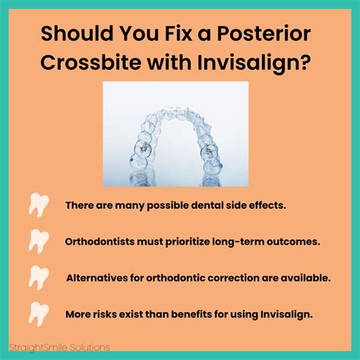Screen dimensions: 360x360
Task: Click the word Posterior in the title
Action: pos(264,33)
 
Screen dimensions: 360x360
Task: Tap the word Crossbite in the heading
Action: pos(91,62)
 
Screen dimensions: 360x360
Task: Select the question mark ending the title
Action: pos(305,62)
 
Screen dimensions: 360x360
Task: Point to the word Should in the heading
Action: pos(77,33)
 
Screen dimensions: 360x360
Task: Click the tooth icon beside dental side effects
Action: pos(39,205)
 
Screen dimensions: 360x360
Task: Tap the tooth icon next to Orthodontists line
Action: pos(39,242)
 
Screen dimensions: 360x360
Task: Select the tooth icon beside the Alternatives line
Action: pos(39,278)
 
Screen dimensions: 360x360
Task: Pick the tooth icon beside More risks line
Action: pos(39,314)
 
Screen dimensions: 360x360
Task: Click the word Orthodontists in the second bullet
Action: pos(99,242)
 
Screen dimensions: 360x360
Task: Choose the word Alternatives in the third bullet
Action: pos(97,278)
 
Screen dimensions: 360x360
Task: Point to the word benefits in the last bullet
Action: pos(191,314)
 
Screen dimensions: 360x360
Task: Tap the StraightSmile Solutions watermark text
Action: pos(59,347)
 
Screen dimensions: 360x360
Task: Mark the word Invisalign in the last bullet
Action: pos(286,314)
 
